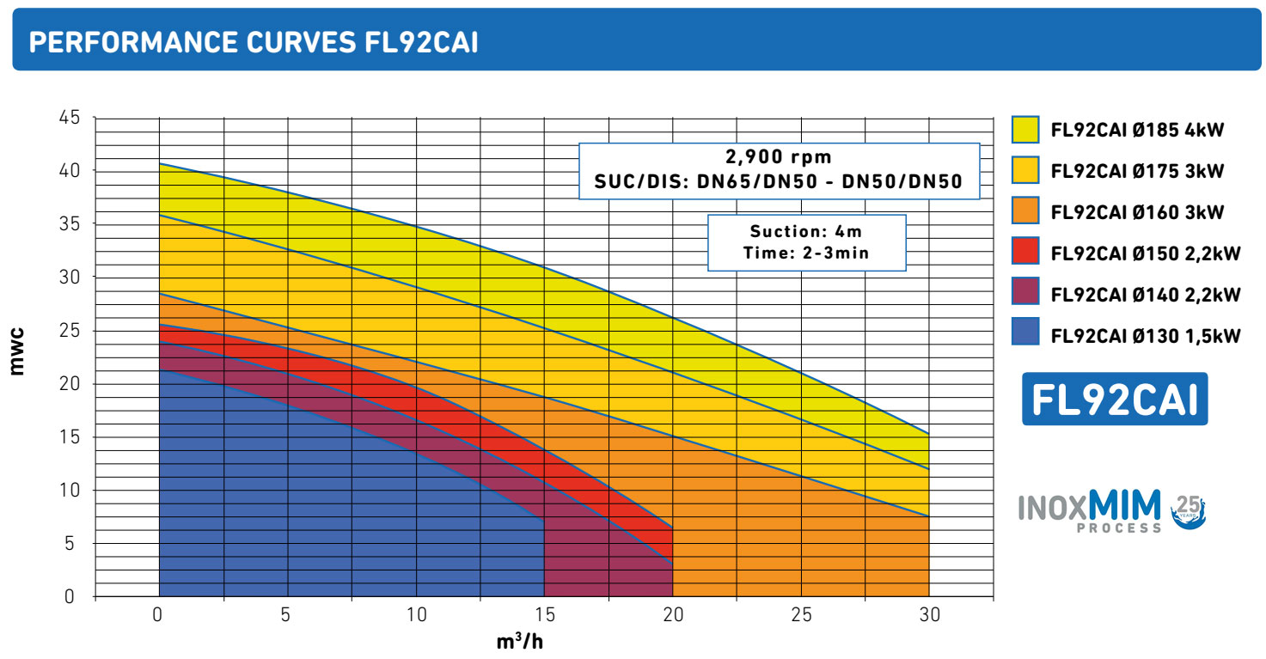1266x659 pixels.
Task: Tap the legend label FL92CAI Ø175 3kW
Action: coord(1137,171)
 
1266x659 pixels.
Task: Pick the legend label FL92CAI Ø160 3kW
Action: coord(1137,212)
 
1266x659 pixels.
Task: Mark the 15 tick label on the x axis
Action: coord(544,615)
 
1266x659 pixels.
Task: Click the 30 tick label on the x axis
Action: coord(929,615)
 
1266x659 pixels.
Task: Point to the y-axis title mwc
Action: coord(17,351)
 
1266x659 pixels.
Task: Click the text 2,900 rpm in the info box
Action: coord(779,157)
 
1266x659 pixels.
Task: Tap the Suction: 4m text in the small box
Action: coord(805,231)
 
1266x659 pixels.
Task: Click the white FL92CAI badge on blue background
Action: coord(1114,400)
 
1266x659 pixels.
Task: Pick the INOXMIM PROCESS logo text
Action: coord(1090,510)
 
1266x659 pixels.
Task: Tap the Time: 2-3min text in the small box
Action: coord(805,253)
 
